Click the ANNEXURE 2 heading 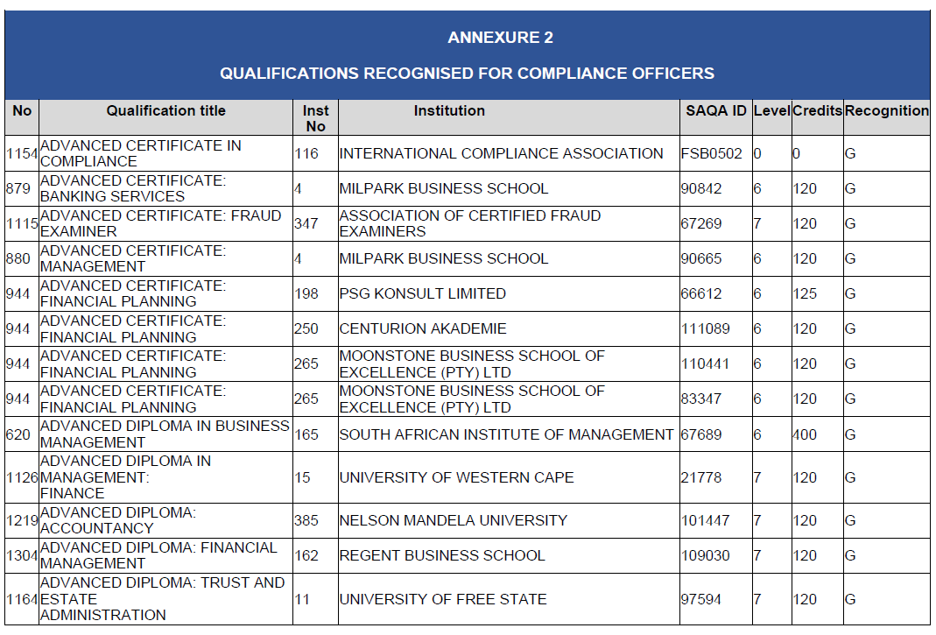click(x=500, y=38)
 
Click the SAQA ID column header click(x=715, y=111)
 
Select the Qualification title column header click(x=165, y=111)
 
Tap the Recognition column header click(x=886, y=111)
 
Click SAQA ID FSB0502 click(x=711, y=154)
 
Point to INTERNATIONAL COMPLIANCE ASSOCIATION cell click(x=501, y=154)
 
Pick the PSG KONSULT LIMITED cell click(x=422, y=294)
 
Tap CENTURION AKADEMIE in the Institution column click(x=422, y=329)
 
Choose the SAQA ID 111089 click(x=705, y=329)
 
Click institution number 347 click(x=306, y=224)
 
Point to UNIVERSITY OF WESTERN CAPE click(x=456, y=478)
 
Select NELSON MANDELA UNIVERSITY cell click(x=453, y=520)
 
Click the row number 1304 click(x=21, y=555)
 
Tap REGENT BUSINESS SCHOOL click(x=441, y=555)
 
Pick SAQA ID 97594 click(x=701, y=599)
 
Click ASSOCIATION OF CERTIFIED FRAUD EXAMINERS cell click(x=469, y=224)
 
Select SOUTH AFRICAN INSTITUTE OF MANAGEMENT click(x=506, y=434)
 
